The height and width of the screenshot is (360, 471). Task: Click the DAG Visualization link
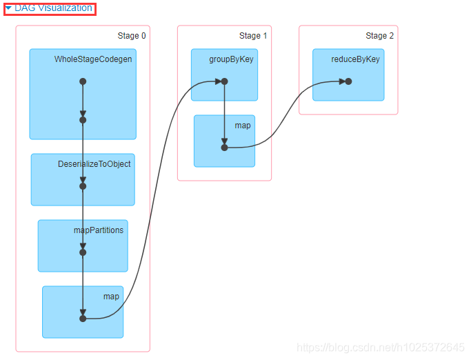pyautogui.click(x=53, y=8)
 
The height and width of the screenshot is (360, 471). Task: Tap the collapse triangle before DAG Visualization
pyautogui.click(x=8, y=8)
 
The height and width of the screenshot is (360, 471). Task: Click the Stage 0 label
pyautogui.click(x=132, y=36)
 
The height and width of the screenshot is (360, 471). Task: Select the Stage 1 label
pyautogui.click(x=250, y=36)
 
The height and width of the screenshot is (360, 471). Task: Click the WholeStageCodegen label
pyautogui.click(x=93, y=59)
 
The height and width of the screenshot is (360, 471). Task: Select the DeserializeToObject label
pyautogui.click(x=94, y=164)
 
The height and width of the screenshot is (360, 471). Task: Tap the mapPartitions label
pyautogui.click(x=99, y=230)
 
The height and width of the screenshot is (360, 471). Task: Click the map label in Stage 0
pyautogui.click(x=111, y=297)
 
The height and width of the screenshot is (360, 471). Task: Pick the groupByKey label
pyautogui.click(x=232, y=59)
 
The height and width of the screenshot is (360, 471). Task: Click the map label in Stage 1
pyautogui.click(x=243, y=126)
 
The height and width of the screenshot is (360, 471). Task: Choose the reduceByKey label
pyautogui.click(x=356, y=59)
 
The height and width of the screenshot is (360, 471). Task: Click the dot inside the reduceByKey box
pyautogui.click(x=348, y=81)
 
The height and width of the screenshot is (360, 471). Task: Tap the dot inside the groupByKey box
pyautogui.click(x=224, y=81)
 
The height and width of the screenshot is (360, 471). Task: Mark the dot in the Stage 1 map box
pyautogui.click(x=224, y=148)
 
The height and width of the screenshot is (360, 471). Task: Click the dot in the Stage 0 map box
pyautogui.click(x=83, y=319)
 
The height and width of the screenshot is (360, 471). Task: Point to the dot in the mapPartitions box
pyautogui.click(x=83, y=252)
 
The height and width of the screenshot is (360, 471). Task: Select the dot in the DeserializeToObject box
pyautogui.click(x=83, y=186)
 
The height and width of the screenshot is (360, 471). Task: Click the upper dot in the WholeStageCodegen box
pyautogui.click(x=83, y=81)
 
